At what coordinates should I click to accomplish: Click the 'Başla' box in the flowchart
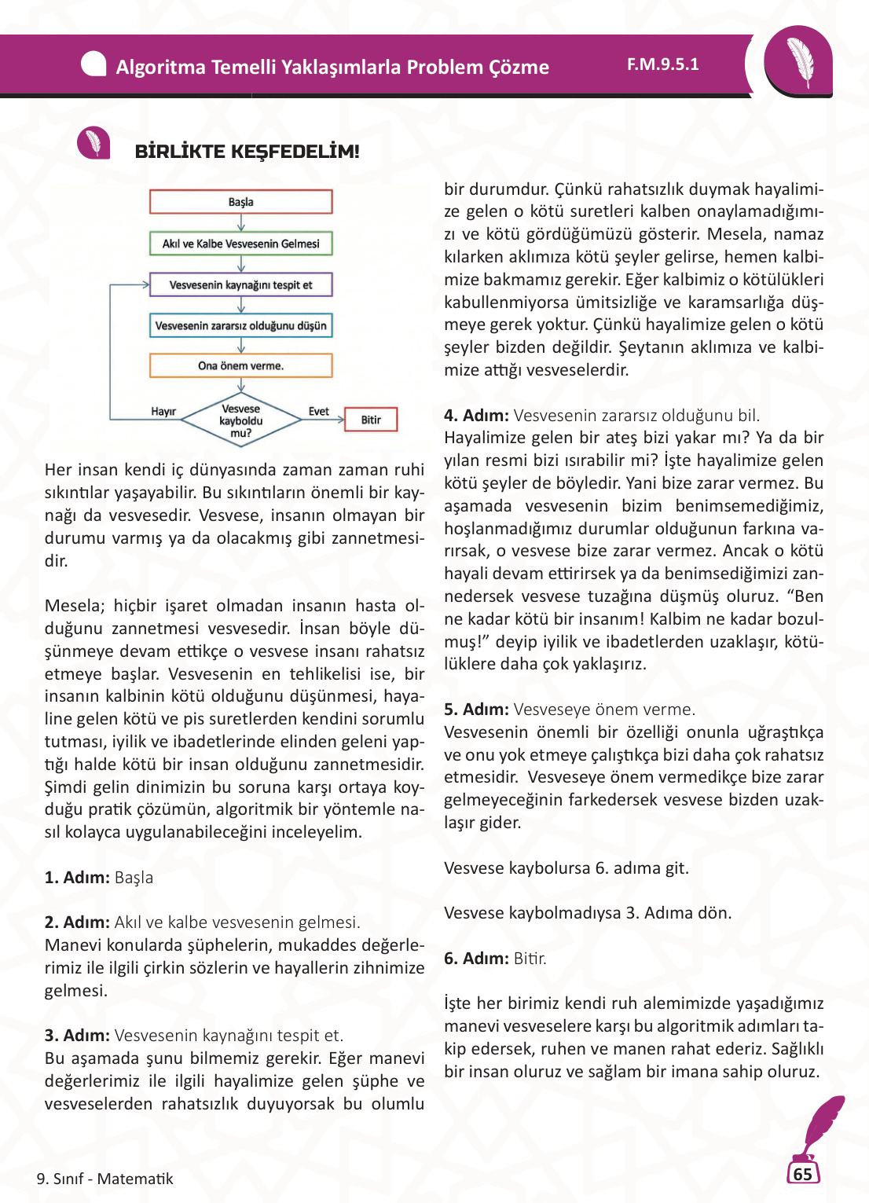240,202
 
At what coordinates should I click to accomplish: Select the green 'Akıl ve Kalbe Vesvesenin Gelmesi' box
240,244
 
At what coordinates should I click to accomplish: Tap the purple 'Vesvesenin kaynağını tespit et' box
240,284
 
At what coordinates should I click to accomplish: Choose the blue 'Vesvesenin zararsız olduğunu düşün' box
240,325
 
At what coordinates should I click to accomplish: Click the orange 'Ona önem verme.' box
240,365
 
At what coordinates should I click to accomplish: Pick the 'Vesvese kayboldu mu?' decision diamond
241,421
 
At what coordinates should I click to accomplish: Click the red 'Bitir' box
371,420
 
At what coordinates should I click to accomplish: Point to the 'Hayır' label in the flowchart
163,412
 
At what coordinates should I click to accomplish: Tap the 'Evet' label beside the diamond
318,412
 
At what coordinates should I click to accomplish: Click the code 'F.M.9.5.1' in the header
662,64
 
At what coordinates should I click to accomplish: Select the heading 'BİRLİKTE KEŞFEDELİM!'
247,152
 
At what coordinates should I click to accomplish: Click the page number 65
802,1174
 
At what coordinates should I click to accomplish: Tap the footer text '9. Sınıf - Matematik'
104,1179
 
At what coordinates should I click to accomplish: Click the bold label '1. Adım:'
77,878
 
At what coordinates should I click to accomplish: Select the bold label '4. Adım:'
476,416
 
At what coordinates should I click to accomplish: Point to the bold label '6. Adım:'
476,959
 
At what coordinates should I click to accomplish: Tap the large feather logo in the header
799,61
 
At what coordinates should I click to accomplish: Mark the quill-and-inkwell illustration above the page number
817,1128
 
